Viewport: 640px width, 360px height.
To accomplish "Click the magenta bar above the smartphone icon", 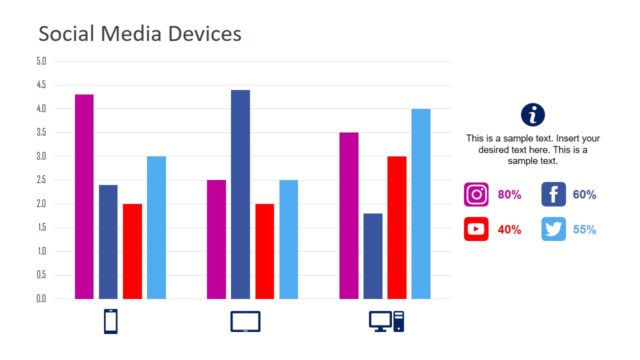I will point(84,196).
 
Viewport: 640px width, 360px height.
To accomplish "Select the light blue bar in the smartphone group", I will point(156,227).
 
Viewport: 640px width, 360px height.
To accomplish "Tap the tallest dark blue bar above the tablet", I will point(240,194).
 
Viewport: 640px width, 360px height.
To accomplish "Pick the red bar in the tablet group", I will point(264,251).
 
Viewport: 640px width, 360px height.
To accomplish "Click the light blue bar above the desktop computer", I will point(420,203).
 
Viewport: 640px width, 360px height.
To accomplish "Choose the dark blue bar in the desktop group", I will point(372,256).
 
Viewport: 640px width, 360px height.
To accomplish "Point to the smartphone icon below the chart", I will point(111,322).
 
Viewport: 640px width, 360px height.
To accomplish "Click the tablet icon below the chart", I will point(245,322).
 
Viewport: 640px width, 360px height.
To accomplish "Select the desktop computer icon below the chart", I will point(386,322).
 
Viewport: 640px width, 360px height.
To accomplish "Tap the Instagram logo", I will point(477,195).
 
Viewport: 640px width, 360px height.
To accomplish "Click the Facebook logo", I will point(553,195).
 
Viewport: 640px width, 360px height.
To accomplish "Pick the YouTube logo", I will point(477,229).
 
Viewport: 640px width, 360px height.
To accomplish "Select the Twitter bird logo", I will point(553,229).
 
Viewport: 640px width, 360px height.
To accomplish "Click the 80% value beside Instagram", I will point(510,195).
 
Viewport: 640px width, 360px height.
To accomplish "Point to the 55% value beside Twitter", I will point(585,230).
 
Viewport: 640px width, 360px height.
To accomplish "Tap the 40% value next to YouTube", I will point(510,230).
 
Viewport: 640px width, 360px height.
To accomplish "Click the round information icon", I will point(533,114).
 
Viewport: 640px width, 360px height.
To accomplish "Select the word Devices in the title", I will point(199,34).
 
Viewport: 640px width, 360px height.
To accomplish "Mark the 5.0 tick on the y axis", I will point(41,61).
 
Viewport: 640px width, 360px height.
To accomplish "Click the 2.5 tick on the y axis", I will point(41,180).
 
